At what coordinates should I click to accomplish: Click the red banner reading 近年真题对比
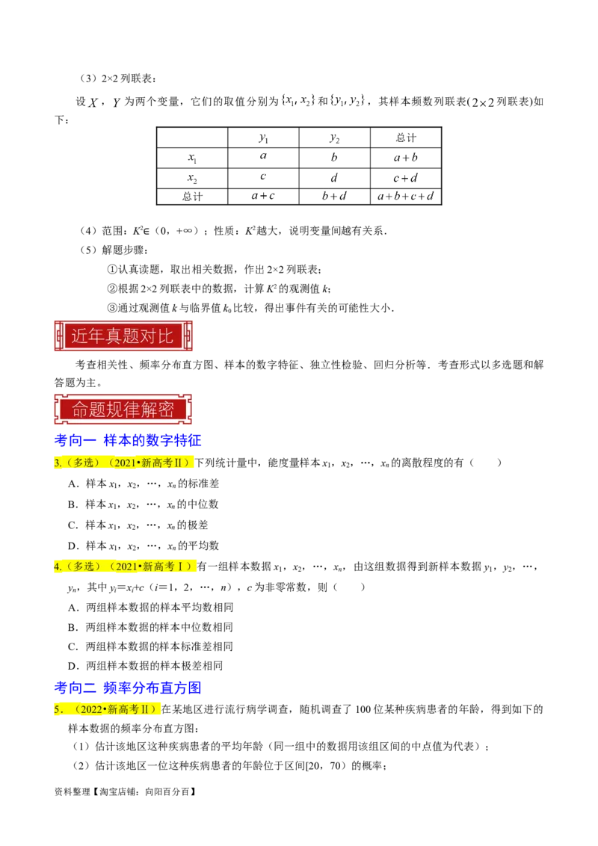pyautogui.click(x=123, y=336)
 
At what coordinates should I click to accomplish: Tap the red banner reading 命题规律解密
pyautogui.click(x=123, y=409)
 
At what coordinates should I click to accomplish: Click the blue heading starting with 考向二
pyautogui.click(x=129, y=688)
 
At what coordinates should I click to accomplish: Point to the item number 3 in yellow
pyautogui.click(x=57, y=463)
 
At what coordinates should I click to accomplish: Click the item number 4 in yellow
pyautogui.click(x=57, y=566)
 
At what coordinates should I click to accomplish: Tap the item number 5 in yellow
pyautogui.click(x=57, y=710)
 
